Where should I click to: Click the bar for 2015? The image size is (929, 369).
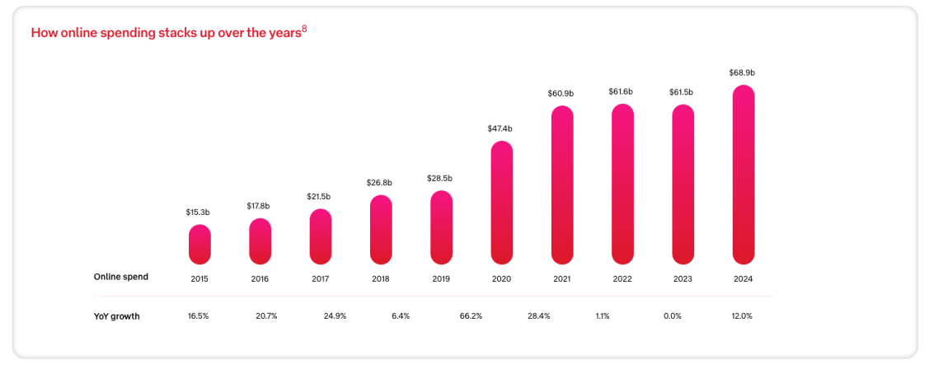199,245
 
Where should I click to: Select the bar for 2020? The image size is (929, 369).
501,203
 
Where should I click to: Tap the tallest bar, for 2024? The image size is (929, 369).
743,175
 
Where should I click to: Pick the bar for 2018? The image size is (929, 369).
381,230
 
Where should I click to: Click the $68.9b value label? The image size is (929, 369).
742,72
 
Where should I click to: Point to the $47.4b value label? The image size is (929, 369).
500,128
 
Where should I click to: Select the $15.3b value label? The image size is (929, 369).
199,213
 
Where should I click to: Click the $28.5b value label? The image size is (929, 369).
440,178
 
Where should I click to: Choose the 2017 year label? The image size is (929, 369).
320,279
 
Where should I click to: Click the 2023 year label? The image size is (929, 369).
683,279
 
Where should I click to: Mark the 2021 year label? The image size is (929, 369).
561,279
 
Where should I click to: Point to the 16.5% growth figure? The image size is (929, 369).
199,316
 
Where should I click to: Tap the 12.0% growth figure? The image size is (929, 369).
742,316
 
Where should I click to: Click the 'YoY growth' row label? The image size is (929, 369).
116,316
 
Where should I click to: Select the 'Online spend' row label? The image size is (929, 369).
121,277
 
